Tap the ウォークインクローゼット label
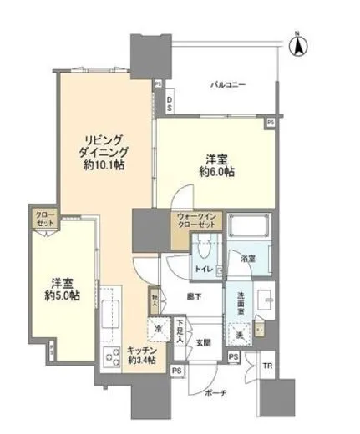[x=197, y=225]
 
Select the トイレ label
[x=201, y=269]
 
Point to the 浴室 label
[x=248, y=260]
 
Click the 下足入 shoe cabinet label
[x=179, y=325]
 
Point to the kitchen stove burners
[x=112, y=357]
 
